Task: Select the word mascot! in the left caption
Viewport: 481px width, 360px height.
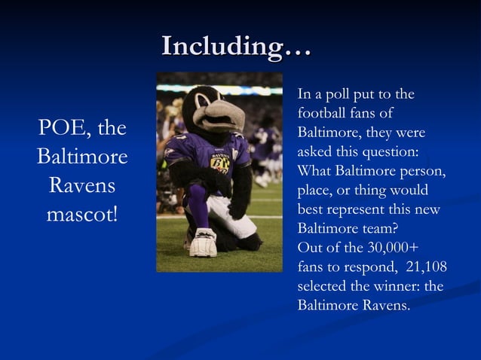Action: (x=82, y=213)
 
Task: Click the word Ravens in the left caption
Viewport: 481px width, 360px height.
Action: (x=82, y=185)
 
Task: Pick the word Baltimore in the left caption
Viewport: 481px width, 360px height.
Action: (x=82, y=158)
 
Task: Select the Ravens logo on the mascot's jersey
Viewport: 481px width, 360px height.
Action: (x=219, y=160)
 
